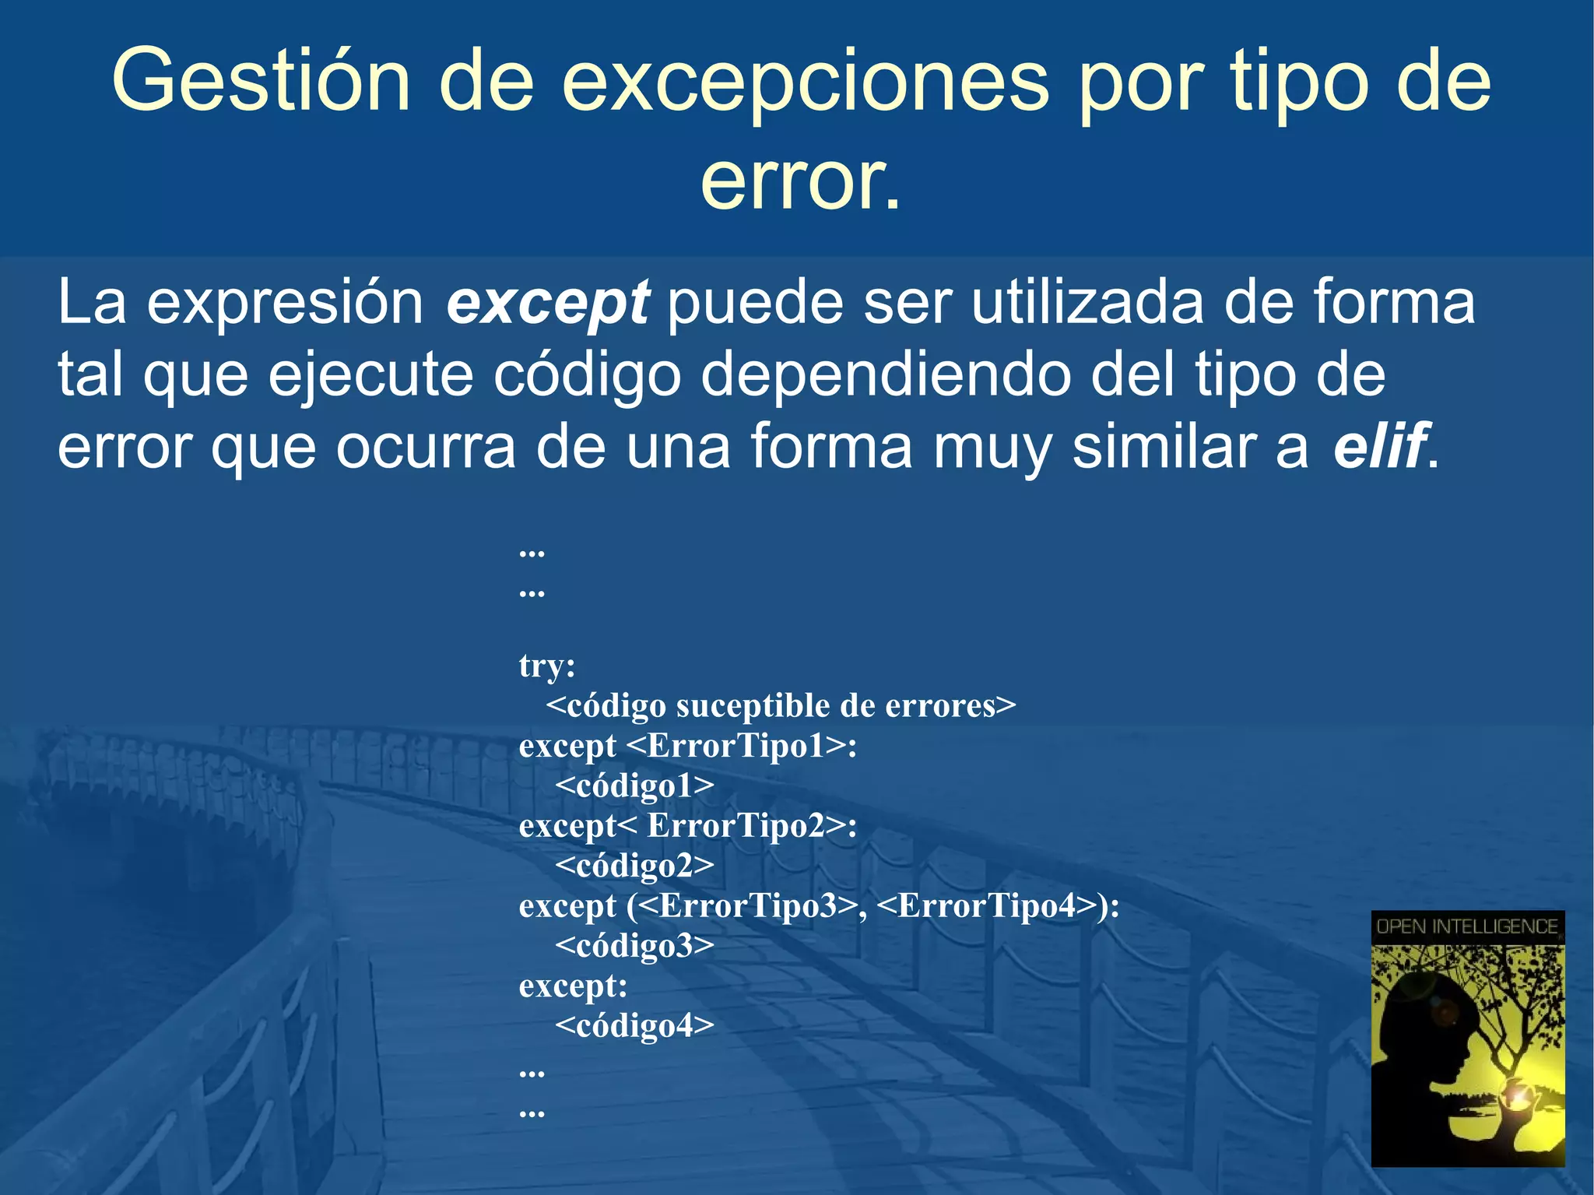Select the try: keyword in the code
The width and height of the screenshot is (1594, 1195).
547,666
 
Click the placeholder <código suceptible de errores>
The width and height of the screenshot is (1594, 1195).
781,706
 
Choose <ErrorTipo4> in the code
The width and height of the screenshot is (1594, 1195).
987,906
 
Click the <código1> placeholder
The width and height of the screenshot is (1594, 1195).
634,786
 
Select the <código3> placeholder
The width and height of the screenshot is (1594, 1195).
634,946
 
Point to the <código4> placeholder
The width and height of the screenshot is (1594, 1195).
634,1026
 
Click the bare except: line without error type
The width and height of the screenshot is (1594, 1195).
573,986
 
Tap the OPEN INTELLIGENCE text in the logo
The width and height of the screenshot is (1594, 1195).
1467,926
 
